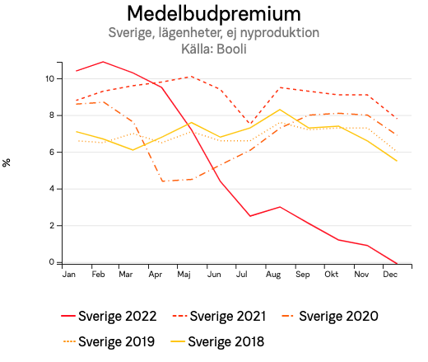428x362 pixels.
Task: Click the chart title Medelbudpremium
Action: point(213,14)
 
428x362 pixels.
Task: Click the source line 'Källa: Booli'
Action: point(213,49)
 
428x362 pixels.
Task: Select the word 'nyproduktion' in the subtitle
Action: point(279,33)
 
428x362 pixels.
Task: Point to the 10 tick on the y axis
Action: point(49,78)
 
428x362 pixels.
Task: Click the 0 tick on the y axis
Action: point(51,262)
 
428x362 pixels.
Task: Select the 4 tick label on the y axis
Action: point(51,189)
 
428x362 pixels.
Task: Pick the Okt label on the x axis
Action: point(333,274)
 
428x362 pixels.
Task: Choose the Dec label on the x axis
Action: point(390,274)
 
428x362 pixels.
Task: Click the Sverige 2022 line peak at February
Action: point(102,62)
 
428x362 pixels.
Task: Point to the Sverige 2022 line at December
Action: point(397,264)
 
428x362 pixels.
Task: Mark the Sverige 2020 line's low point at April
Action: point(162,181)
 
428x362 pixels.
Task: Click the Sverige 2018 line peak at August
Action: point(281,110)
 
